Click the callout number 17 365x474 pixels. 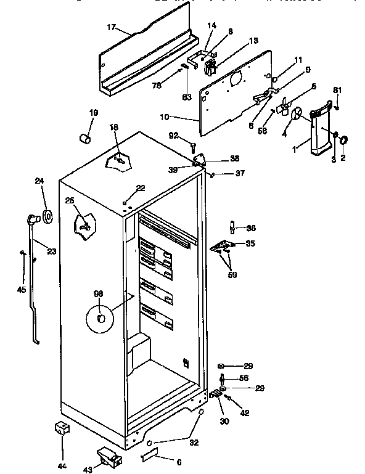111,27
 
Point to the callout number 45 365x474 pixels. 22,290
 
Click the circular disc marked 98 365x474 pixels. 101,319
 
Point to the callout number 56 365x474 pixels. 244,379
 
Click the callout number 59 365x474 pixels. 232,274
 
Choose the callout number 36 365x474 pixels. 251,228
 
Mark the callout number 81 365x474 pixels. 337,91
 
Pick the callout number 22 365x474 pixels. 141,187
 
